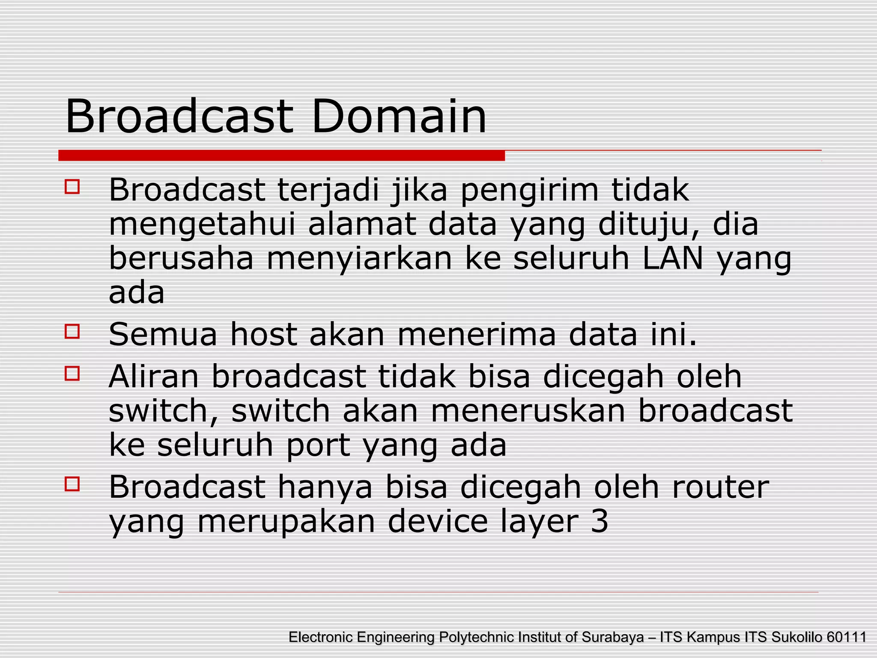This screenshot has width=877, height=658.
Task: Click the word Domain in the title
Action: [x=399, y=116]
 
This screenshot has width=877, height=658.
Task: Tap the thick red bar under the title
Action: [x=281, y=156]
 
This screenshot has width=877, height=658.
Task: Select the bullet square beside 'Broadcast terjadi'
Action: [x=72, y=187]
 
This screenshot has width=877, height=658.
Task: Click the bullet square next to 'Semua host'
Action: [x=72, y=331]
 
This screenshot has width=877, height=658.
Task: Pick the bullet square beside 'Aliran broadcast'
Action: [x=72, y=373]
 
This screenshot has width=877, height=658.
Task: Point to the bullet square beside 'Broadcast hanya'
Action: [x=72, y=484]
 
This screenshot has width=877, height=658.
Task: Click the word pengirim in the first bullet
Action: [x=529, y=191]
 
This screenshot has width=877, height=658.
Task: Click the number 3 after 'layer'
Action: [x=600, y=521]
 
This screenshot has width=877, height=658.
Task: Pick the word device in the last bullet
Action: [x=438, y=521]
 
